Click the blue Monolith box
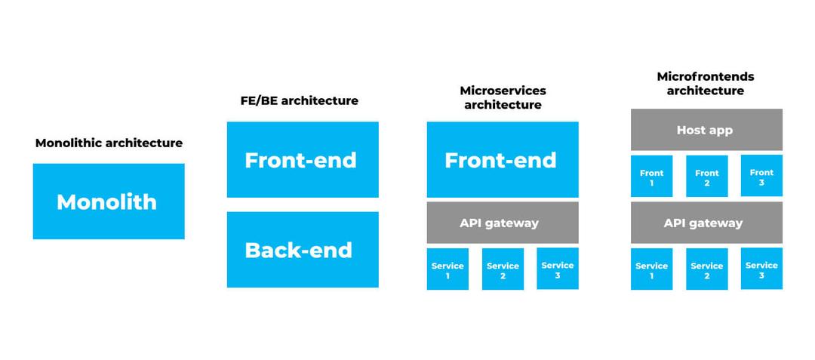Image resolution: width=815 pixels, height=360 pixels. coord(109,202)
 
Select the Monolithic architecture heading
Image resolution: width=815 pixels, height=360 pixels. coord(109,143)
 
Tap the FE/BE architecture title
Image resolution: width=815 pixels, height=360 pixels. coord(294,100)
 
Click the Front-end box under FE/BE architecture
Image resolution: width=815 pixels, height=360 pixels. coord(303,160)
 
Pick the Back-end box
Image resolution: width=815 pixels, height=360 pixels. coord(303,250)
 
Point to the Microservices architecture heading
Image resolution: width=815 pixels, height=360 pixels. coord(503,97)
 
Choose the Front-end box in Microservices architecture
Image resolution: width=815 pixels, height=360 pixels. coord(503,160)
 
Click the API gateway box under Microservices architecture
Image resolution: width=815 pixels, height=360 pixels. coord(503,223)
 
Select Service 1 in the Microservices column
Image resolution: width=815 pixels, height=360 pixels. coord(447,269)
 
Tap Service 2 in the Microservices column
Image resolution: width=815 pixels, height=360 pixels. coord(503,269)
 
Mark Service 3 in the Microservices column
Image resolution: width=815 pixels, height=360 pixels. coord(558,269)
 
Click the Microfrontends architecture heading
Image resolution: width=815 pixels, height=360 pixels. coord(706,83)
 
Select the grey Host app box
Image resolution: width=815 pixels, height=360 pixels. coord(706,130)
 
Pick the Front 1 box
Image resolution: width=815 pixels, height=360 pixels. coord(651,177)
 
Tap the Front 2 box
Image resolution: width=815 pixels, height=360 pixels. coord(707,177)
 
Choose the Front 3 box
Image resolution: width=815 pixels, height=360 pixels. coord(761,176)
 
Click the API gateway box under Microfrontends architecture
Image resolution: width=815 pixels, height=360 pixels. coord(706,223)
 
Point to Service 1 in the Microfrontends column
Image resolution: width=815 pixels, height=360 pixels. coord(651,269)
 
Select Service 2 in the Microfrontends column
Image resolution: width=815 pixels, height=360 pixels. coord(707,269)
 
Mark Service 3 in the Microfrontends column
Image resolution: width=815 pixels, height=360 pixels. coord(761,269)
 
